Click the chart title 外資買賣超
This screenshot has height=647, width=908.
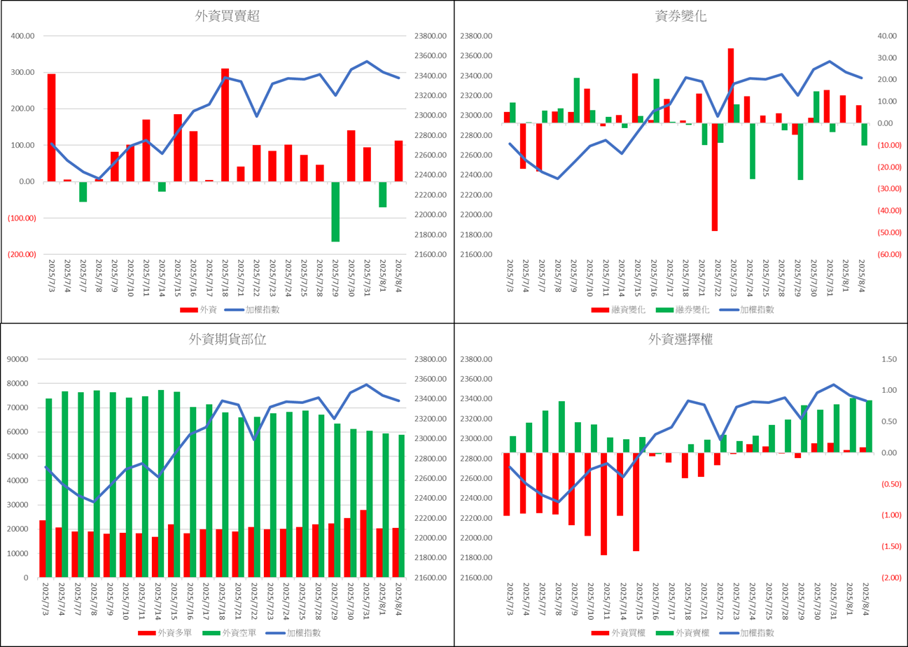tap(227, 16)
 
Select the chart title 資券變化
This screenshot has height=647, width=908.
tap(680, 16)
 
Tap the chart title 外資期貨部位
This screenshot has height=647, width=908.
tap(227, 339)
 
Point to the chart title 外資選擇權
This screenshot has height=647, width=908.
tap(680, 339)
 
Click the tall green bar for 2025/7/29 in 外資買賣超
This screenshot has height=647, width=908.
tap(335, 211)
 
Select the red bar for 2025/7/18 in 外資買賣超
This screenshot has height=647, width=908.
tap(225, 125)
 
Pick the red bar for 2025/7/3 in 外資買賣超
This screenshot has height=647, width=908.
tap(52, 127)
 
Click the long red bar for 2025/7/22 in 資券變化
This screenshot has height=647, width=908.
tap(715, 177)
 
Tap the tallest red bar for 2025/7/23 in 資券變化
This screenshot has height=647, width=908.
tap(731, 85)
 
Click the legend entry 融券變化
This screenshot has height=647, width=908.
tap(683, 309)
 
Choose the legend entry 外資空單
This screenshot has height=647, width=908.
tap(230, 633)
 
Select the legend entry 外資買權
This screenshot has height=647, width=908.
tap(618, 633)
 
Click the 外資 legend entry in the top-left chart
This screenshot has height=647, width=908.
tap(199, 309)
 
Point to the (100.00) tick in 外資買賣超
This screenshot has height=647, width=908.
tap(22, 218)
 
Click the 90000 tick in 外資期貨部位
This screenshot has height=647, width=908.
tap(18, 359)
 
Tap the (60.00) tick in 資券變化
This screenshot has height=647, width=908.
tap(889, 255)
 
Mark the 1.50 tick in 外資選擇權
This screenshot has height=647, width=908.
tap(889, 359)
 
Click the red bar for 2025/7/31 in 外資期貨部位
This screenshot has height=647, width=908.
tap(363, 543)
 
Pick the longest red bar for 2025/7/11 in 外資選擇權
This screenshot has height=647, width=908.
tap(604, 504)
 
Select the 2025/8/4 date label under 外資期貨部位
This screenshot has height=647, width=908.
tap(399, 599)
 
